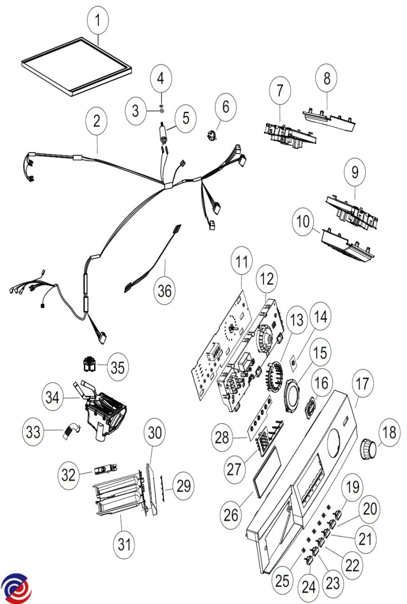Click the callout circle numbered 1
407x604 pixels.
98,21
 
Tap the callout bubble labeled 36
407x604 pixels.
165,290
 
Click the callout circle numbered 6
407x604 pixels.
225,106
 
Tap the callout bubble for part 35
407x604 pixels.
117,367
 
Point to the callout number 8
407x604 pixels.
327,79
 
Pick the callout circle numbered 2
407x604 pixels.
97,121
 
